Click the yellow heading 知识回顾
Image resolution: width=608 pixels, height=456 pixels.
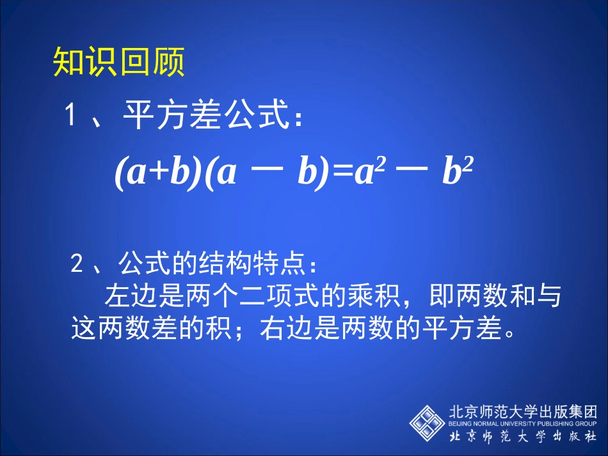[118, 62]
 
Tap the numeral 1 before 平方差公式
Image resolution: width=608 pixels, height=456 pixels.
[72, 116]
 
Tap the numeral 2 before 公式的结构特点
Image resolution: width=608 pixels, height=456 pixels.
[77, 263]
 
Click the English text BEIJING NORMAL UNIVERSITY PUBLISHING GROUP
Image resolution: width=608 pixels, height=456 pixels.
[522, 423]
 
